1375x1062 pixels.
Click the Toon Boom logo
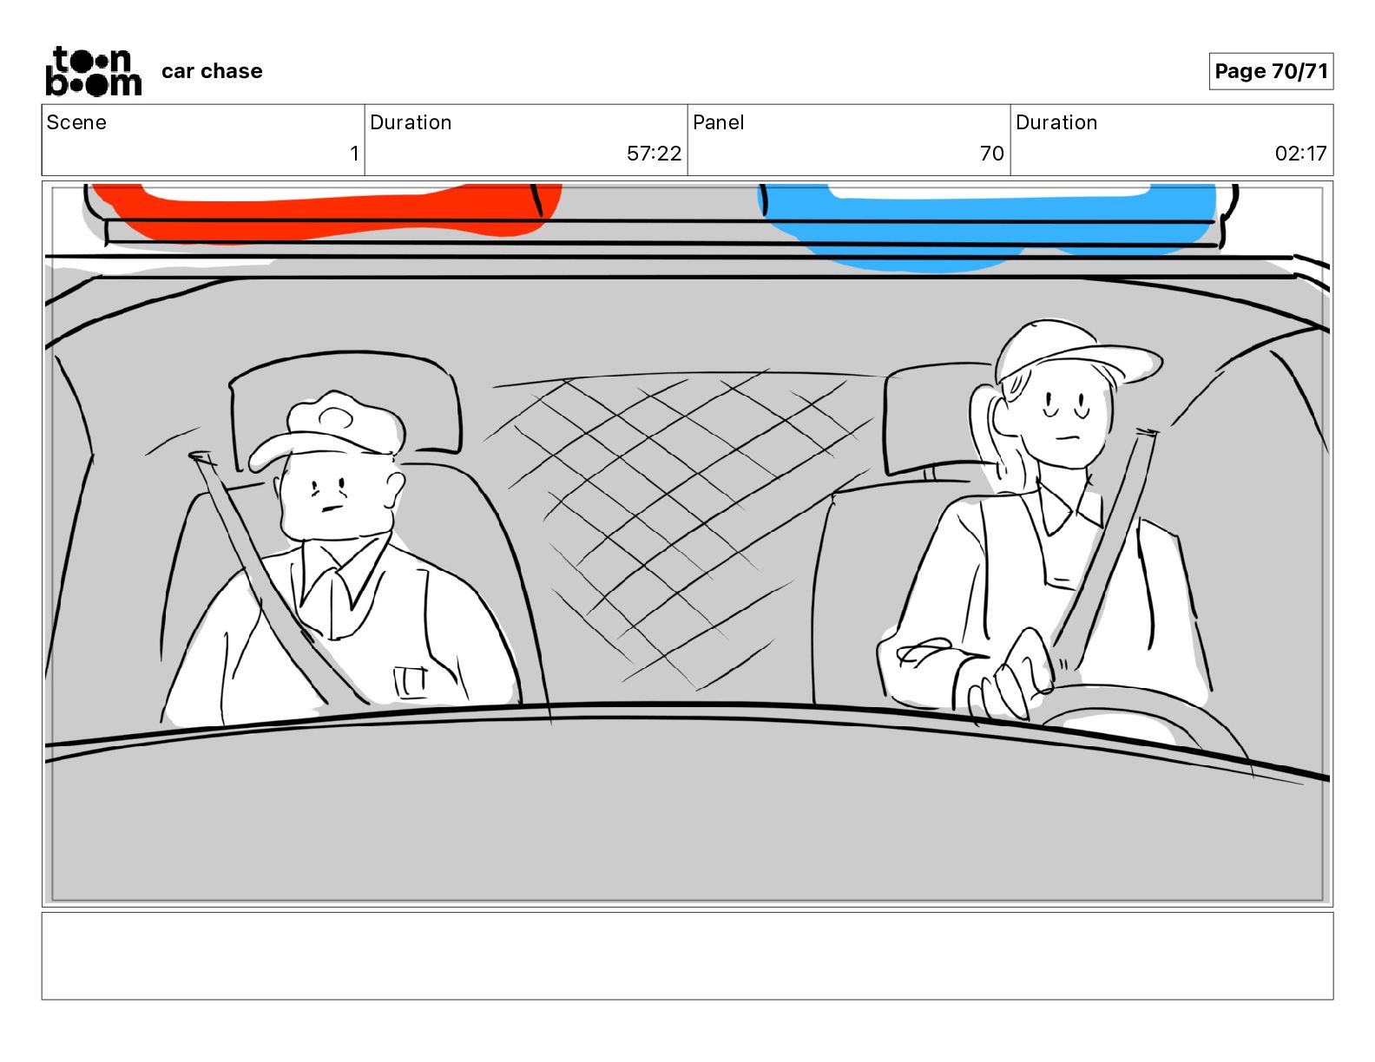tap(94, 71)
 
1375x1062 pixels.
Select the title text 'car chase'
tap(212, 71)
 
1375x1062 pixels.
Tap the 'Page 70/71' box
tap(1271, 71)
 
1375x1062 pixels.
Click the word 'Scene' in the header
tap(76, 122)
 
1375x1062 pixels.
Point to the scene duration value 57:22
tap(654, 153)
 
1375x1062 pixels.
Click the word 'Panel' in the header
tap(718, 122)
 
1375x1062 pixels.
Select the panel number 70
tap(991, 153)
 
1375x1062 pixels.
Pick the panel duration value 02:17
tap(1300, 153)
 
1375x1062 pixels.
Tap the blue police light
tap(987, 225)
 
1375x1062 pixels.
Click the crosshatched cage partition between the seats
tap(681, 525)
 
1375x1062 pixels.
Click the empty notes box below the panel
tap(687, 956)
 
